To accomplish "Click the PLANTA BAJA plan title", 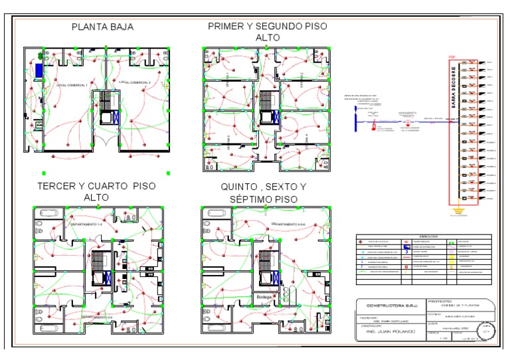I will tap(102, 27).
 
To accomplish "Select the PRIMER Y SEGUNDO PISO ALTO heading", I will tap(267, 32).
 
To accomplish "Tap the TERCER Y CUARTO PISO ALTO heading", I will tap(97, 191).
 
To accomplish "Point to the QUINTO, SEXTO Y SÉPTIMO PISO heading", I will tap(264, 193).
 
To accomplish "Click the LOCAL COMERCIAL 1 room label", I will tap(72, 86).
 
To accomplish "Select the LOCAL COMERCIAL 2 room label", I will tap(135, 82).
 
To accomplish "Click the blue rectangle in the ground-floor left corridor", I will tap(40, 69).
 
